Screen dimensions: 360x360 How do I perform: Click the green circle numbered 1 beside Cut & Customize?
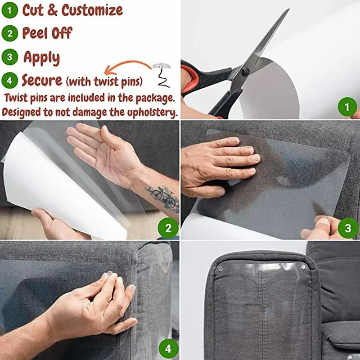[x=9, y=10]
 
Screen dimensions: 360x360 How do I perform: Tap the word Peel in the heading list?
[x=35, y=33]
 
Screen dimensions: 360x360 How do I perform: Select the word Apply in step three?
[x=41, y=58]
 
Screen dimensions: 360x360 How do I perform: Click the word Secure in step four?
[x=41, y=81]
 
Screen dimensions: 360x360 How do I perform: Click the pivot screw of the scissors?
[x=245, y=71]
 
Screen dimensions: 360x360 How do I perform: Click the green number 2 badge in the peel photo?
[x=168, y=229]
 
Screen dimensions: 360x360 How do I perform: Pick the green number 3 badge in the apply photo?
[x=348, y=229]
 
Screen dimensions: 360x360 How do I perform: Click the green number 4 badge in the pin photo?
[x=168, y=348]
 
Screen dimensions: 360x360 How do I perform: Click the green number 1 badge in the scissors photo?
[x=347, y=108]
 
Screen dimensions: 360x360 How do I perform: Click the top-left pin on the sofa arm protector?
[x=220, y=269]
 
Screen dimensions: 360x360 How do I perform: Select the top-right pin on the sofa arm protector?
[x=304, y=267]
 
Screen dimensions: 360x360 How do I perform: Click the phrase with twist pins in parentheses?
[x=104, y=82]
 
